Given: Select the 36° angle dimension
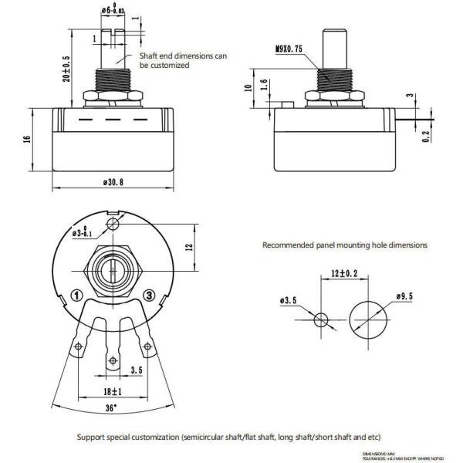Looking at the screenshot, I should point(111,406).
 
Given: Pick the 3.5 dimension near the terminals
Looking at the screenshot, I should point(137,370).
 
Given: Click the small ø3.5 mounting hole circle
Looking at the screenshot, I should point(322,318).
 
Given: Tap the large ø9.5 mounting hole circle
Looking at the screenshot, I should point(368,318).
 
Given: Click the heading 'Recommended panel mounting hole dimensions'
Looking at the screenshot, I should point(344,245).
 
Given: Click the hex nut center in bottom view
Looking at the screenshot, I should point(113,272).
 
